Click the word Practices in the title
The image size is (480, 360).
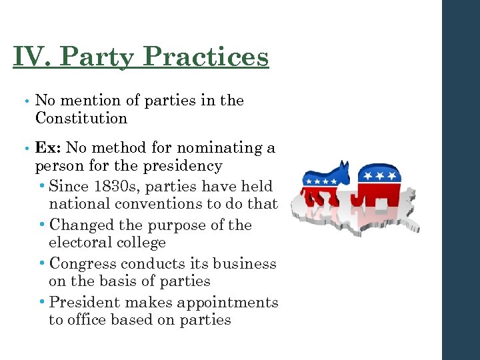(x=206, y=57)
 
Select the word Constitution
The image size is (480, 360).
(x=81, y=119)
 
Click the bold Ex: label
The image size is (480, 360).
(x=47, y=147)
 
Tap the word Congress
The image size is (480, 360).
(x=83, y=264)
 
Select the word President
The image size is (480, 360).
(x=85, y=303)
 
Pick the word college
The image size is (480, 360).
(x=140, y=243)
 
